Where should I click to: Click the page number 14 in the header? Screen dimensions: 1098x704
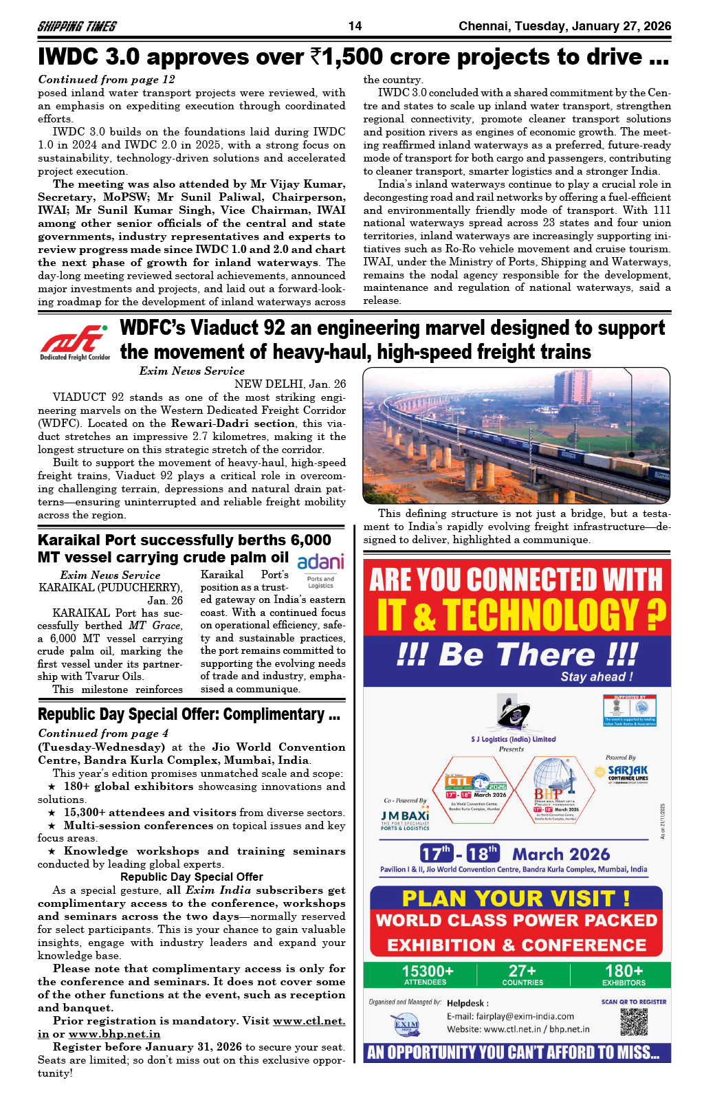(355, 26)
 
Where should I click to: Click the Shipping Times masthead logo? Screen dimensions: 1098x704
(76, 27)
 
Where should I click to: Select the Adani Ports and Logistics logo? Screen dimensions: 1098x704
(320, 569)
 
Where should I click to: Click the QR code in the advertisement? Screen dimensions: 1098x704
(633, 1022)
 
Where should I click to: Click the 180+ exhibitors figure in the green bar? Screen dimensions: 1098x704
(624, 974)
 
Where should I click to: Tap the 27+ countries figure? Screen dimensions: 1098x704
(522, 974)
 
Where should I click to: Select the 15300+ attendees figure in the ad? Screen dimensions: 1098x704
(427, 974)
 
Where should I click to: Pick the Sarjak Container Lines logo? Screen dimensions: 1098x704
(626, 773)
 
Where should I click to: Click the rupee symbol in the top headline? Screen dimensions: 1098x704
(318, 57)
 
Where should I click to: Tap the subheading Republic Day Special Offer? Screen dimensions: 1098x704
(191, 877)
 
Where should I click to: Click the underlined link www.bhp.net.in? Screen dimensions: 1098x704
(114, 1033)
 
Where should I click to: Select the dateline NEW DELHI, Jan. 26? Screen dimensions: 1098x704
(289, 384)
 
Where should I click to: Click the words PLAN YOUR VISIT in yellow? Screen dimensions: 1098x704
(516, 898)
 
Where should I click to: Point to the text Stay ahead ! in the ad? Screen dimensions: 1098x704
(596, 677)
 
